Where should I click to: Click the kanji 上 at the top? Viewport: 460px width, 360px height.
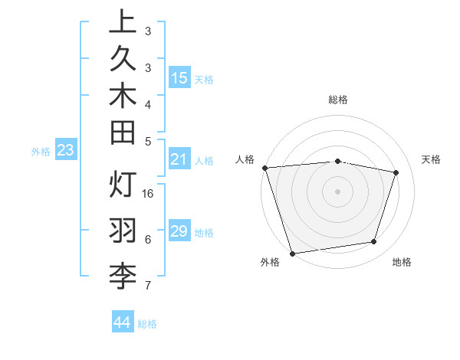pos(123,23)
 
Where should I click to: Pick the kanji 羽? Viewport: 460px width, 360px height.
pos(123,229)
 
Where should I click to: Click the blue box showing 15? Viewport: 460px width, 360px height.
pos(179,77)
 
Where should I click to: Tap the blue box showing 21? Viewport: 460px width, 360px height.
pos(179,159)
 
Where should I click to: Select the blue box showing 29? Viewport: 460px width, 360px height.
pos(179,231)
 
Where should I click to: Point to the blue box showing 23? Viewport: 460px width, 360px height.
pos(65,150)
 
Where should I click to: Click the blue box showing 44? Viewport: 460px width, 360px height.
pos(122,322)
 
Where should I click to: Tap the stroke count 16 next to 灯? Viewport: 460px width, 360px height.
pos(149,194)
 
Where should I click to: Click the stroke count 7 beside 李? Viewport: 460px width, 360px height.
pos(148,286)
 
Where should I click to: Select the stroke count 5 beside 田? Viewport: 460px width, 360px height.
pos(148,140)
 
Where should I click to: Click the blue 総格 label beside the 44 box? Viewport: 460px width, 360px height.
pos(148,324)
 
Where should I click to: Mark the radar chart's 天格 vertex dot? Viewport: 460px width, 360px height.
pos(396,172)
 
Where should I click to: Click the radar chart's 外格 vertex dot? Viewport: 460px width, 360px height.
pos(292,253)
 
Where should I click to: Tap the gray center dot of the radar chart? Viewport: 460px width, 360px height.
pos(337,191)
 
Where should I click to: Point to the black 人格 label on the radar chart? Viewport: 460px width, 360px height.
pos(245,159)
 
